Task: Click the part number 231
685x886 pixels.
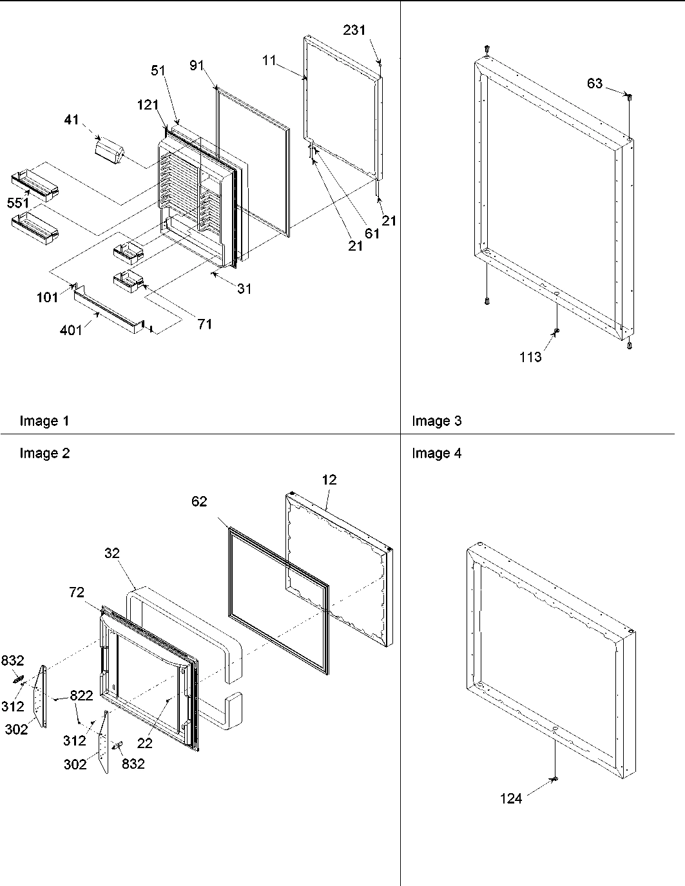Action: click(x=354, y=30)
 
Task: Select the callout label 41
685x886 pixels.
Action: click(x=72, y=119)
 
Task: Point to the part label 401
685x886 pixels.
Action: click(x=72, y=331)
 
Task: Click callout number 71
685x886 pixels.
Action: click(x=205, y=324)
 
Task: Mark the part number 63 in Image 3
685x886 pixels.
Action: click(x=595, y=83)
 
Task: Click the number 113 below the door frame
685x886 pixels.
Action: click(x=530, y=357)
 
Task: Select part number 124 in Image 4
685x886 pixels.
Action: click(x=511, y=799)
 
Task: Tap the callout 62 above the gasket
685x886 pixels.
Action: click(x=199, y=501)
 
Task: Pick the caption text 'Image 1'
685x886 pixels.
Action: click(x=44, y=421)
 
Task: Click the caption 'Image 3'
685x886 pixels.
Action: click(x=436, y=421)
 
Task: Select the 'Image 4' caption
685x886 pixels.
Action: click(x=436, y=454)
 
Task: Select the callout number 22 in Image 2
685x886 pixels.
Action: click(x=144, y=743)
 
